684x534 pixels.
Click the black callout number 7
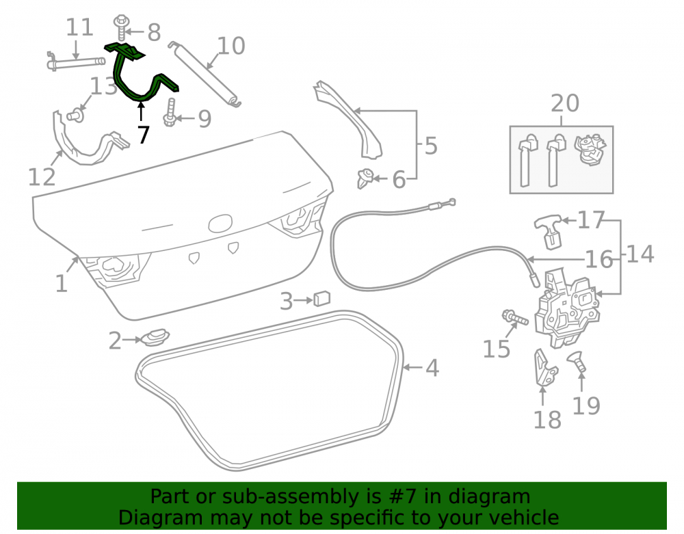click(144, 134)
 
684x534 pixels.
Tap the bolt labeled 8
click(120, 27)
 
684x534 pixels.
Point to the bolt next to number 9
click(170, 112)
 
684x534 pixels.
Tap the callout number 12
click(42, 176)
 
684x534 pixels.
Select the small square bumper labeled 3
click(322, 298)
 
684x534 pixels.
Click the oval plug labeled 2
click(154, 337)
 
